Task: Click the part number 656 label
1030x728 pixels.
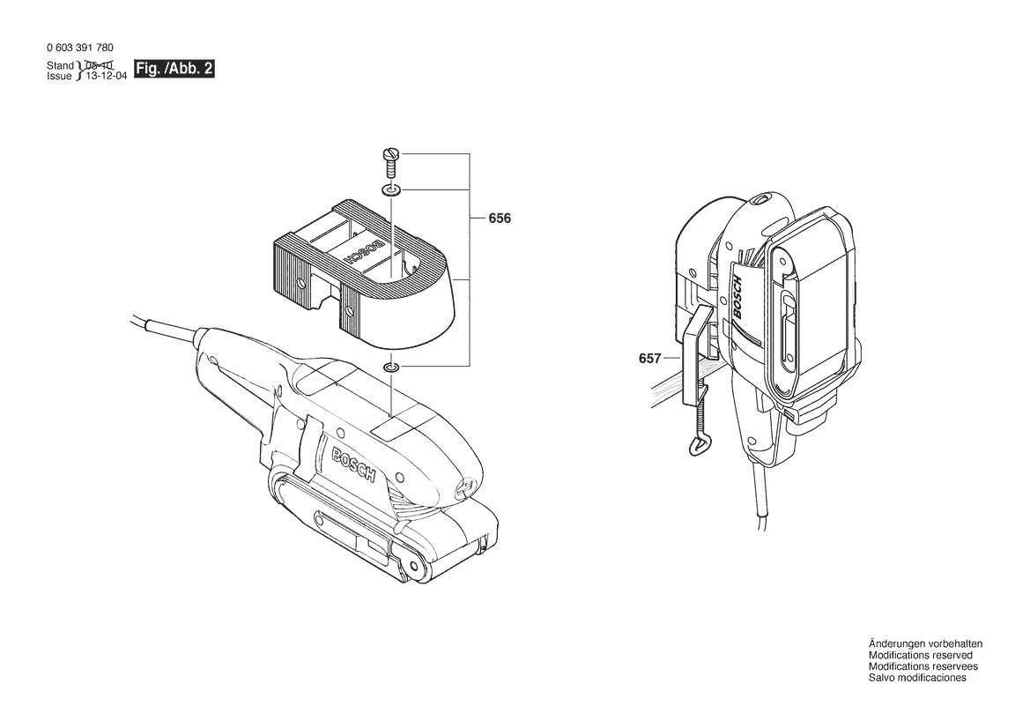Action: [500, 218]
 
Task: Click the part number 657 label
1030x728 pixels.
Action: [649, 359]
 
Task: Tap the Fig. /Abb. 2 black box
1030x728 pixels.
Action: [174, 70]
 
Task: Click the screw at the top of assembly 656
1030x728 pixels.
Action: [391, 161]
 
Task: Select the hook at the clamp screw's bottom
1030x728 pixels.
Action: [696, 445]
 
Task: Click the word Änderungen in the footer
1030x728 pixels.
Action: [893, 644]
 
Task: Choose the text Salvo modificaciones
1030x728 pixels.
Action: [917, 678]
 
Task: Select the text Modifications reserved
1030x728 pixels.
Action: [920, 656]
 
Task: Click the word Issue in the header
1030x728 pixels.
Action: [59, 77]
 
